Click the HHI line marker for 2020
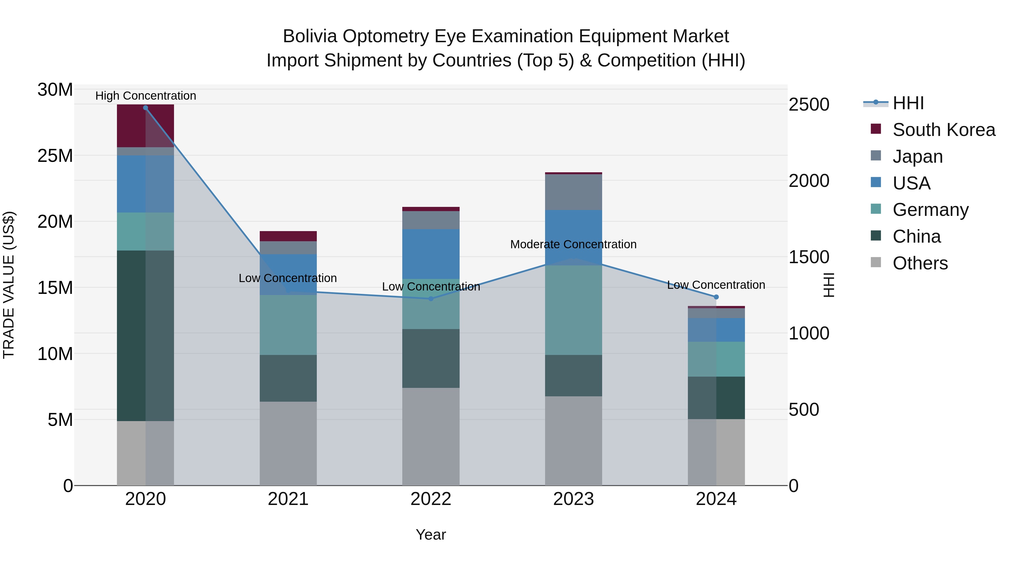pos(145,108)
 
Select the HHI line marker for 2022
pos(431,299)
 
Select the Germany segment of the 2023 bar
pos(573,310)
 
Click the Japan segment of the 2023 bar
pos(573,192)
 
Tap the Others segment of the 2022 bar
pos(431,437)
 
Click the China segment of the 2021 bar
pos(288,378)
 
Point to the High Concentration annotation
pos(145,96)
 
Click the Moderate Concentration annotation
pos(573,244)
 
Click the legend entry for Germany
pos(930,210)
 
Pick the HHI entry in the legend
pos(908,103)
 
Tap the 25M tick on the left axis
pos(55,156)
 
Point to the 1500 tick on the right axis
pos(808,257)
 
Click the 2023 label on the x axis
pos(573,499)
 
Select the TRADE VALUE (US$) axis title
pos(9,285)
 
